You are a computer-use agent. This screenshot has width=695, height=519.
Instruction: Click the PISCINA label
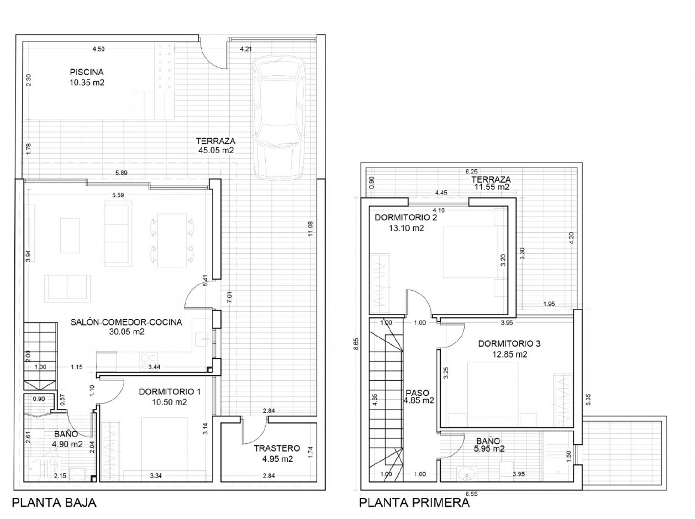point(87,72)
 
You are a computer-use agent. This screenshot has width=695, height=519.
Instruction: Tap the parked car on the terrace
point(278,118)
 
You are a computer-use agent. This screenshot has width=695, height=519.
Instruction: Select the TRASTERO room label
point(277,448)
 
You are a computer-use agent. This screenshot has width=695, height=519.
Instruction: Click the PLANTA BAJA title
point(54,502)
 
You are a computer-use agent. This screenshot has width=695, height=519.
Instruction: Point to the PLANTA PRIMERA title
point(414,502)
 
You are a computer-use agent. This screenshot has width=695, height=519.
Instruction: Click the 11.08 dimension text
point(310,229)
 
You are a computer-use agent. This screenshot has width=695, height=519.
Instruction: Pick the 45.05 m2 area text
point(216,150)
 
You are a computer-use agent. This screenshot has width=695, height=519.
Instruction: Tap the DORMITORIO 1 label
point(170,392)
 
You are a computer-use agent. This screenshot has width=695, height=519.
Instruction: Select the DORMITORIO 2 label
point(406,218)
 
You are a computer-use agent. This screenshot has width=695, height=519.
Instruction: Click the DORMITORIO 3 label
point(509,344)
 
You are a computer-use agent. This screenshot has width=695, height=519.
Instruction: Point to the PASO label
point(418,393)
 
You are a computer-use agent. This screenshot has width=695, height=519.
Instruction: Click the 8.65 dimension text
point(356,344)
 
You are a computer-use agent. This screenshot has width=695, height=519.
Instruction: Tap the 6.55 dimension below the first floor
point(471,494)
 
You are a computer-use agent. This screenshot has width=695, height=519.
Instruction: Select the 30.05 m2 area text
point(127,332)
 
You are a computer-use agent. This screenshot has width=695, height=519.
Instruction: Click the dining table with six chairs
point(172,240)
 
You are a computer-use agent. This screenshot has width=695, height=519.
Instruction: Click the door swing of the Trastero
point(254,431)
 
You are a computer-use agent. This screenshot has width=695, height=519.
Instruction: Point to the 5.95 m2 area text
point(489,448)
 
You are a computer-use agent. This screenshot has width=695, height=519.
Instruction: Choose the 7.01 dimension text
point(230,297)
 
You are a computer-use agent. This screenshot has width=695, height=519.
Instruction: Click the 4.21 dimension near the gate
point(246,49)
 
